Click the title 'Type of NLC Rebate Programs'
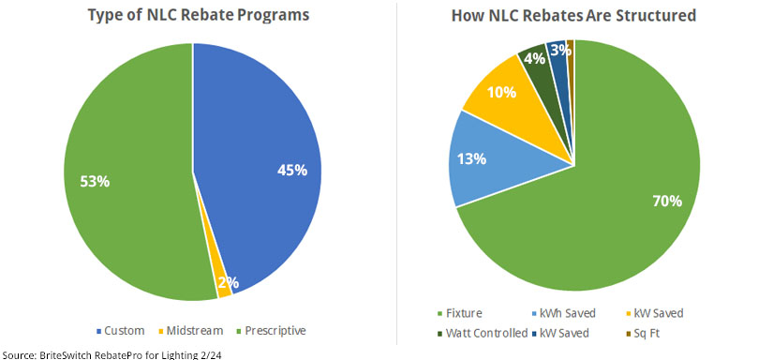[193, 16]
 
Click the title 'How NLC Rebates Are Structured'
[575, 16]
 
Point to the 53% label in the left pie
[94, 181]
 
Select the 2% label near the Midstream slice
[228, 282]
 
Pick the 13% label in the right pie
[470, 159]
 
